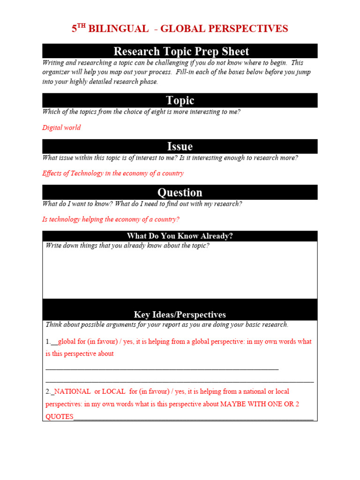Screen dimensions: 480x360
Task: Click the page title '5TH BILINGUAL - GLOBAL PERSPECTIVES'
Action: point(180,29)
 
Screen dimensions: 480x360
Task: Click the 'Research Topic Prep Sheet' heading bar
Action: point(180,51)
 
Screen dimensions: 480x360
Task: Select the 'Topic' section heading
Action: point(180,100)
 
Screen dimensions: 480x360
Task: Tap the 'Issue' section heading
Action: point(180,146)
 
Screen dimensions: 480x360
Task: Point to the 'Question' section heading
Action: point(180,192)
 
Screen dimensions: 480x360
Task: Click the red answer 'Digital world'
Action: point(61,127)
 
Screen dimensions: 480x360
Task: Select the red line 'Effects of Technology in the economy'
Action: point(113,173)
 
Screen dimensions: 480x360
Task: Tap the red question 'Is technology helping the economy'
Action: point(111,219)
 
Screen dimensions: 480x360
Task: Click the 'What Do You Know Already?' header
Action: point(180,236)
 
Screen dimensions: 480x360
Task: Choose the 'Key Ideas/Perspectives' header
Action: point(180,315)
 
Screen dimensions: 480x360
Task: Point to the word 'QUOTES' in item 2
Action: point(60,417)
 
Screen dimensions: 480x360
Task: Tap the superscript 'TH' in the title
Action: point(82,26)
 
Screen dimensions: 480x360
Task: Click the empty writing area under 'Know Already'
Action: point(180,274)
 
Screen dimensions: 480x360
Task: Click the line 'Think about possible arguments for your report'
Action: point(167,324)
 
